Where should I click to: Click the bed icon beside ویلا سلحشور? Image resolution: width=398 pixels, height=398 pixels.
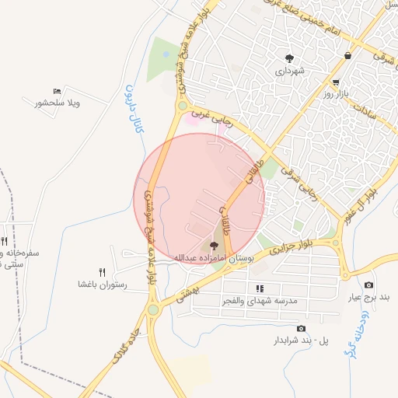tap(57, 92)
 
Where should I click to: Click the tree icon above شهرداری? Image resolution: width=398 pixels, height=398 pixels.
tap(290, 58)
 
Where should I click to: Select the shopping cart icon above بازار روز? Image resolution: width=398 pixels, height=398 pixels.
tap(335, 82)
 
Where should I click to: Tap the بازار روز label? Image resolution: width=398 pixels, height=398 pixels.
tap(338, 93)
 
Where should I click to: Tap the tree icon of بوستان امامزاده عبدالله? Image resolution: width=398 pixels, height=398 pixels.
tap(215, 246)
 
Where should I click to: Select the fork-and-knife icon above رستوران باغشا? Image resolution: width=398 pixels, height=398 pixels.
tap(102, 272)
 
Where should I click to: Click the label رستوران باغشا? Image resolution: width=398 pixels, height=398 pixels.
tap(102, 285)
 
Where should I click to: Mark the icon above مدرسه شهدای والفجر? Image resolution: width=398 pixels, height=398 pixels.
tap(260, 288)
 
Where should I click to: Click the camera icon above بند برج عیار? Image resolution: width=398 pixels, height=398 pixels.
tap(368, 285)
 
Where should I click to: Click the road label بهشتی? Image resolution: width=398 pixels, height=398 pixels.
tap(189, 292)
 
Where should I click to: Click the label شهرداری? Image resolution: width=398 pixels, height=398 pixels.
tap(289, 71)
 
